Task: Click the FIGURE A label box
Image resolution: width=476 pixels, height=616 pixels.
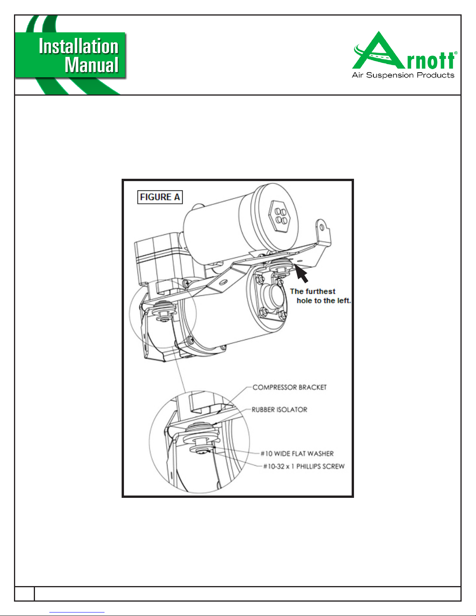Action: (x=160, y=197)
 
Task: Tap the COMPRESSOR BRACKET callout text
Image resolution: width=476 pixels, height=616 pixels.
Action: (x=289, y=387)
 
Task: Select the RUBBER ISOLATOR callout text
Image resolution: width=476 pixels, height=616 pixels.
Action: (x=279, y=410)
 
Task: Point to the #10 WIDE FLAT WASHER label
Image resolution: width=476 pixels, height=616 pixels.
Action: (x=297, y=454)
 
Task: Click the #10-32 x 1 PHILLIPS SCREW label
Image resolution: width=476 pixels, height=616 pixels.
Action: (x=304, y=466)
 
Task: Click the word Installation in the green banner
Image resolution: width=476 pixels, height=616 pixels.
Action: (x=78, y=46)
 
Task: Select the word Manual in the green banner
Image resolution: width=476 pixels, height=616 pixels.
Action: (x=91, y=65)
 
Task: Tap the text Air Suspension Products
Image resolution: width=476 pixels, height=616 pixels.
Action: (x=403, y=75)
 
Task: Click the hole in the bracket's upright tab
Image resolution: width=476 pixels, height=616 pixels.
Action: (x=322, y=227)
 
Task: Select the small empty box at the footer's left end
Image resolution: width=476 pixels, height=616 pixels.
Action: (x=24, y=593)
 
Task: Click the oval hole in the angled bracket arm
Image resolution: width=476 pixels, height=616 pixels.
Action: (x=223, y=282)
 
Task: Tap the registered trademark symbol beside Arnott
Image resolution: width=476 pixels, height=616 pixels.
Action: (x=455, y=53)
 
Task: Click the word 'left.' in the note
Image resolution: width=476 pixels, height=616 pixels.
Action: (x=344, y=300)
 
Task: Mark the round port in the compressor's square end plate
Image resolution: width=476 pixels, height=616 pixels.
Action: (x=272, y=295)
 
